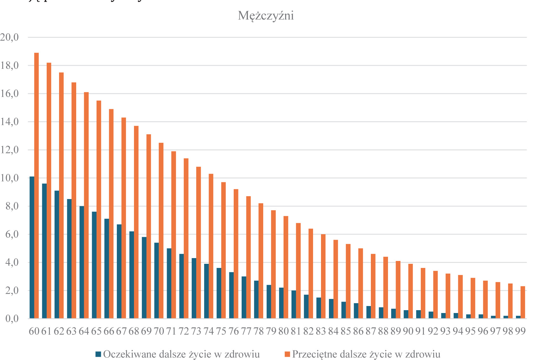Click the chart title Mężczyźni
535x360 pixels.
pyautogui.click(x=266, y=16)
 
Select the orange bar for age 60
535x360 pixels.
pyautogui.click(x=37, y=185)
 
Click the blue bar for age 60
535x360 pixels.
pyautogui.click(x=32, y=248)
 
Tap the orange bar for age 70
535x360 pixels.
pyautogui.click(x=161, y=230)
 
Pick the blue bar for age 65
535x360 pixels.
pyautogui.click(x=94, y=265)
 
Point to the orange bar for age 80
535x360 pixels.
pyautogui.click(x=286, y=267)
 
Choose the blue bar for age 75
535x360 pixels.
pyautogui.click(x=219, y=293)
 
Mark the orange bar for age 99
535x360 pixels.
pyautogui.click(x=523, y=302)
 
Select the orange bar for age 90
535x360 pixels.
pyautogui.click(x=411, y=291)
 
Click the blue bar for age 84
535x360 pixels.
pyautogui.click(x=331, y=309)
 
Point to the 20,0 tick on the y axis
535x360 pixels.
pyautogui.click(x=10, y=37)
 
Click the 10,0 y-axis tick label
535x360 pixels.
pyautogui.click(x=10, y=178)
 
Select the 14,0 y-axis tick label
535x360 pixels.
pyautogui.click(x=10, y=122)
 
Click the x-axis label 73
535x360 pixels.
pyautogui.click(x=196, y=331)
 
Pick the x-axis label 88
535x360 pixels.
pyautogui.click(x=383, y=331)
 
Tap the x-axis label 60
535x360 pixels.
pyautogui.click(x=34, y=331)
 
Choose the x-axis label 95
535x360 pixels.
pyautogui.click(x=471, y=331)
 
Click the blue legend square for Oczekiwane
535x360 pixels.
pyautogui.click(x=98, y=354)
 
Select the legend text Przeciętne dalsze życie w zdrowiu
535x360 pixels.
pyautogui.click(x=366, y=354)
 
